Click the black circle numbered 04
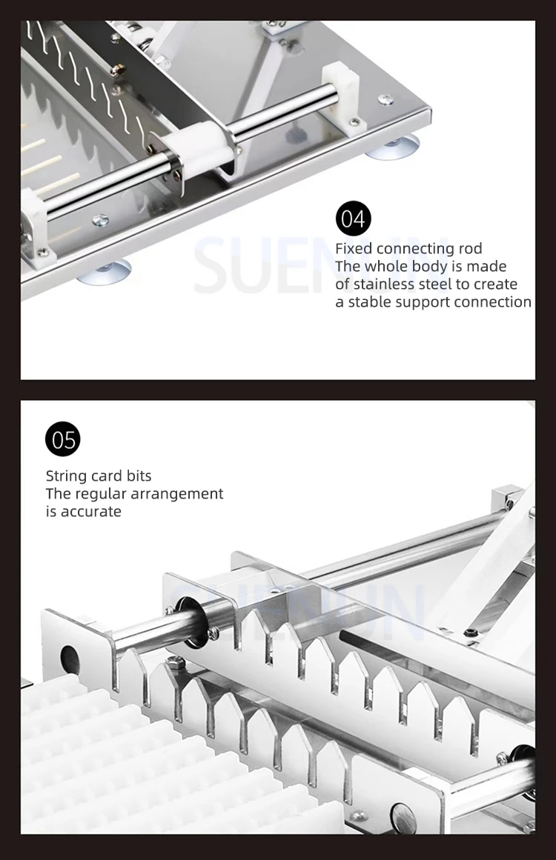353,219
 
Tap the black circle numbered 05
63,439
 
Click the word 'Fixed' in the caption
354,248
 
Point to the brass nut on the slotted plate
118,69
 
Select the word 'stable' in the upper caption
370,302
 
